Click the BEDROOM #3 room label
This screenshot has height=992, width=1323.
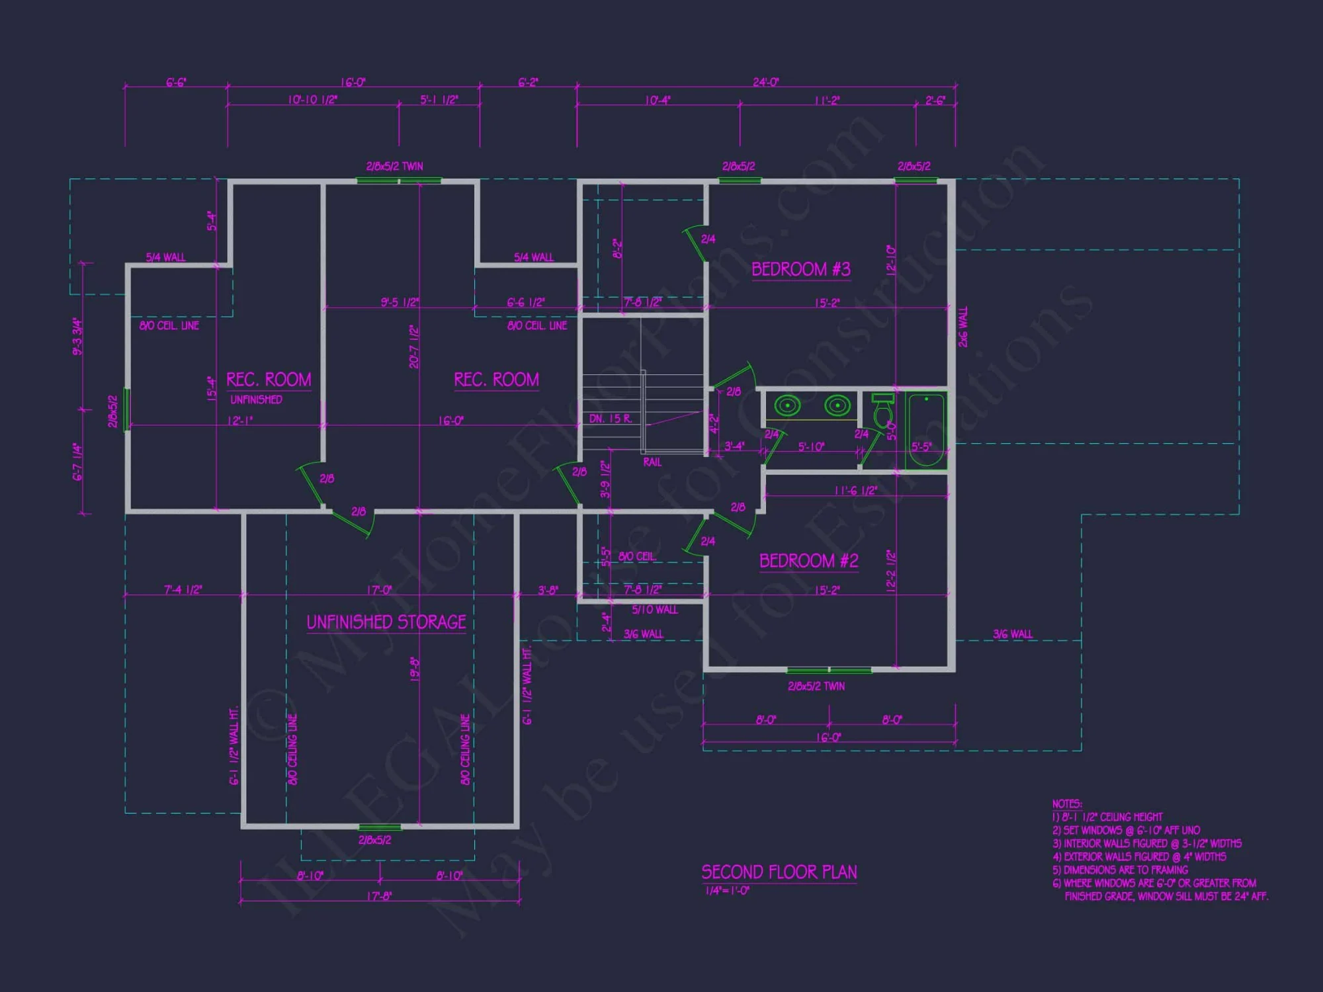(x=800, y=269)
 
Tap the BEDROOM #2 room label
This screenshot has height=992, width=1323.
(x=808, y=561)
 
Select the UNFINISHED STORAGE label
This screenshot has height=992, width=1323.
(x=386, y=622)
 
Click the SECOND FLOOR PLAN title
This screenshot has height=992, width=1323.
(x=779, y=872)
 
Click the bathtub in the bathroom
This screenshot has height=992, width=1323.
(x=925, y=430)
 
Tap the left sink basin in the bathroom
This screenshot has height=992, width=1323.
(x=787, y=404)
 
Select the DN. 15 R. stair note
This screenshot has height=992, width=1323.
(x=610, y=419)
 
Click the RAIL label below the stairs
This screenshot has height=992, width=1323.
(x=652, y=462)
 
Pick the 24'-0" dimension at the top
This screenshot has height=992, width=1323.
(x=765, y=83)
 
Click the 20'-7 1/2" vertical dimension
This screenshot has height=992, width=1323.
(x=414, y=347)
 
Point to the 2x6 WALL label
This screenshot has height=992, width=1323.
(x=963, y=327)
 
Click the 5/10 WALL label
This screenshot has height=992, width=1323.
(x=654, y=610)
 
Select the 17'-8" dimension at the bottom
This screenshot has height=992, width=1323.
(x=378, y=896)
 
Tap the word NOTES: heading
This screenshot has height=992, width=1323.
(x=1067, y=804)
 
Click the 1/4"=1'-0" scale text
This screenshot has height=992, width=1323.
(x=727, y=891)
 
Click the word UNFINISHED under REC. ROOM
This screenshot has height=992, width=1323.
(x=256, y=399)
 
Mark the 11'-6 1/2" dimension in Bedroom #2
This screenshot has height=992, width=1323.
(x=855, y=490)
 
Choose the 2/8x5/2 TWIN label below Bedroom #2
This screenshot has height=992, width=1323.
(x=816, y=686)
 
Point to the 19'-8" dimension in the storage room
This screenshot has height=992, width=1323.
(x=415, y=669)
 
